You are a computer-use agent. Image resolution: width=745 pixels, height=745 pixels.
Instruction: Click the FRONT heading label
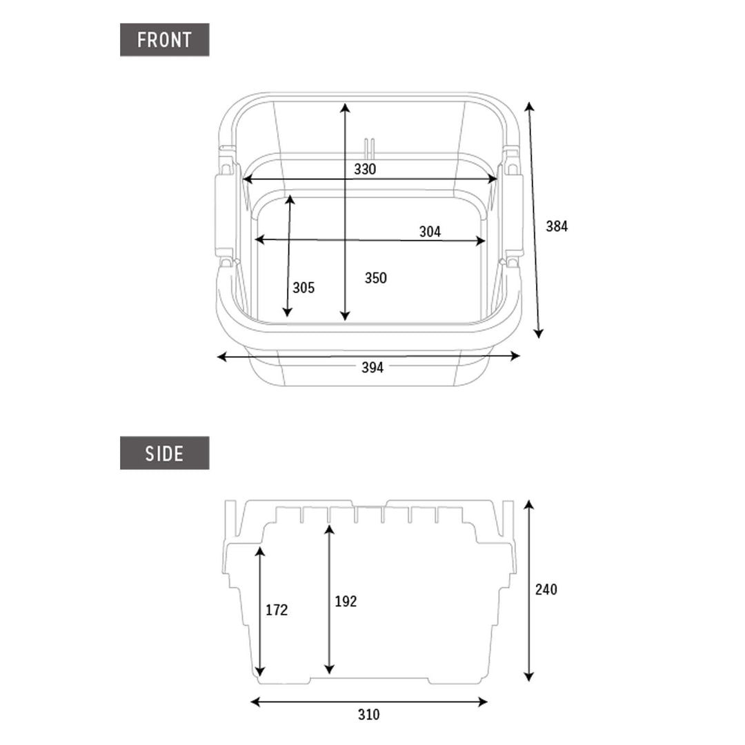(164, 40)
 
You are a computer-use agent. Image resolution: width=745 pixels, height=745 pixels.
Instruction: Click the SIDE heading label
(164, 453)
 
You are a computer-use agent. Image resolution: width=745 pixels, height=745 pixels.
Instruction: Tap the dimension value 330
(365, 169)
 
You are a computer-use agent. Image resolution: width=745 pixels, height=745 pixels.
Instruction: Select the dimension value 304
(430, 232)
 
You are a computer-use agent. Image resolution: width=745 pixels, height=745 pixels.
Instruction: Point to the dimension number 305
(304, 288)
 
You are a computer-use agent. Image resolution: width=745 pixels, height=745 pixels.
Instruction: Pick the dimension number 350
(376, 278)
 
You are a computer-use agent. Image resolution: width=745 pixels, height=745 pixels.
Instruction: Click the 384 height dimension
(557, 226)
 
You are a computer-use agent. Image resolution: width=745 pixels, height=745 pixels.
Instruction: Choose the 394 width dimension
(372, 367)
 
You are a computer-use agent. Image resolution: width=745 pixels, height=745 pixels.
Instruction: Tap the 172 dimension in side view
(277, 610)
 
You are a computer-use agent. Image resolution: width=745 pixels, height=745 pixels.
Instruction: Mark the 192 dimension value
(346, 602)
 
